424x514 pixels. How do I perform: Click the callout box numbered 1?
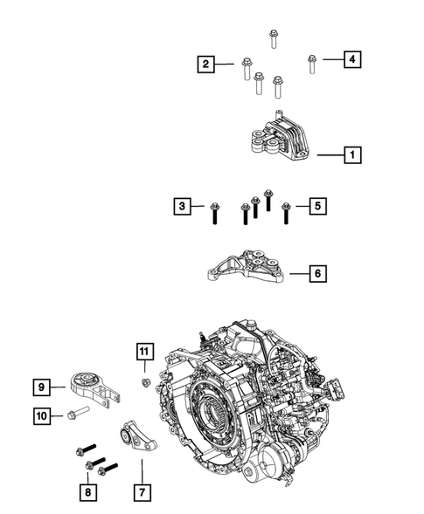[352, 154]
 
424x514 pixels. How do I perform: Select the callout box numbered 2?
[206, 64]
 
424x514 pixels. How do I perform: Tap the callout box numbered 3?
[183, 206]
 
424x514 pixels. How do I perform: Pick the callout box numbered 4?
[352, 59]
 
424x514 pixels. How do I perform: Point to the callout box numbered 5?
[318, 206]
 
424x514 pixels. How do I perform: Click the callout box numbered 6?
[318, 273]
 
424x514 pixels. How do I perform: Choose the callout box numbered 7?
[142, 492]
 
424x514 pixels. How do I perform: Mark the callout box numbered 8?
[88, 492]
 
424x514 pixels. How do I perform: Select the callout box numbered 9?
[41, 387]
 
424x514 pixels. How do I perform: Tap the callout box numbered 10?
[42, 416]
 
